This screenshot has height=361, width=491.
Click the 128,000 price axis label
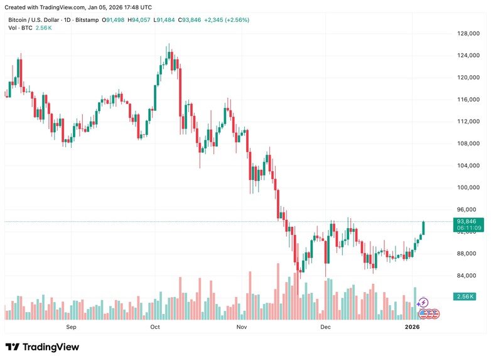coord(468,34)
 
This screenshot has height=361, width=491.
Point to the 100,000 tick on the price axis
coord(468,187)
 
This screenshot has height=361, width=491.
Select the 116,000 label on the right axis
coord(468,100)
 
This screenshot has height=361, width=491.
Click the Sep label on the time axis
coord(71,327)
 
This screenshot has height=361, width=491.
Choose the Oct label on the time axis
coord(155,327)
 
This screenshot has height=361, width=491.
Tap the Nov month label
coord(240,327)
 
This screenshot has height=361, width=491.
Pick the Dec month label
coord(325,327)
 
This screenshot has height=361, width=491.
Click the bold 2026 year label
coord(412,327)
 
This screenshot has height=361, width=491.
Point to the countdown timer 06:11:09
coord(469,228)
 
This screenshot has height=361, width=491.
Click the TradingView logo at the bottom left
coord(42,347)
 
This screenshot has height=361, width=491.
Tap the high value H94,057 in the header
coord(140,20)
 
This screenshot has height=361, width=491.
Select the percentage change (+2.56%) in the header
coord(233,20)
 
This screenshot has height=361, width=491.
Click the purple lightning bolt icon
coord(423,303)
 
